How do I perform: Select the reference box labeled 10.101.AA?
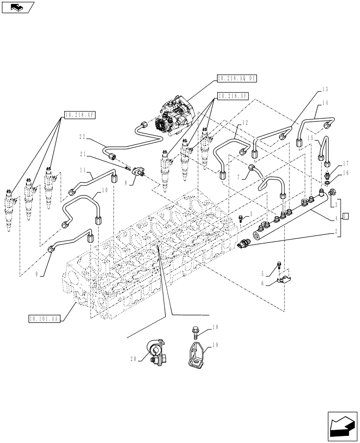[x=43, y=318]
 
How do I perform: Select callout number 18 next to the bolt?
[x=215, y=327]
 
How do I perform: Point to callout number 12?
[x=245, y=122]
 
